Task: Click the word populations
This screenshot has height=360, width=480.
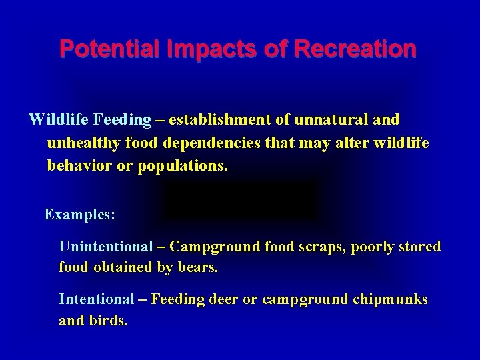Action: (x=183, y=165)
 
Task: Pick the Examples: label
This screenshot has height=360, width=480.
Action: (x=80, y=215)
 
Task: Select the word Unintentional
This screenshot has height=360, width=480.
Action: (x=106, y=247)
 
